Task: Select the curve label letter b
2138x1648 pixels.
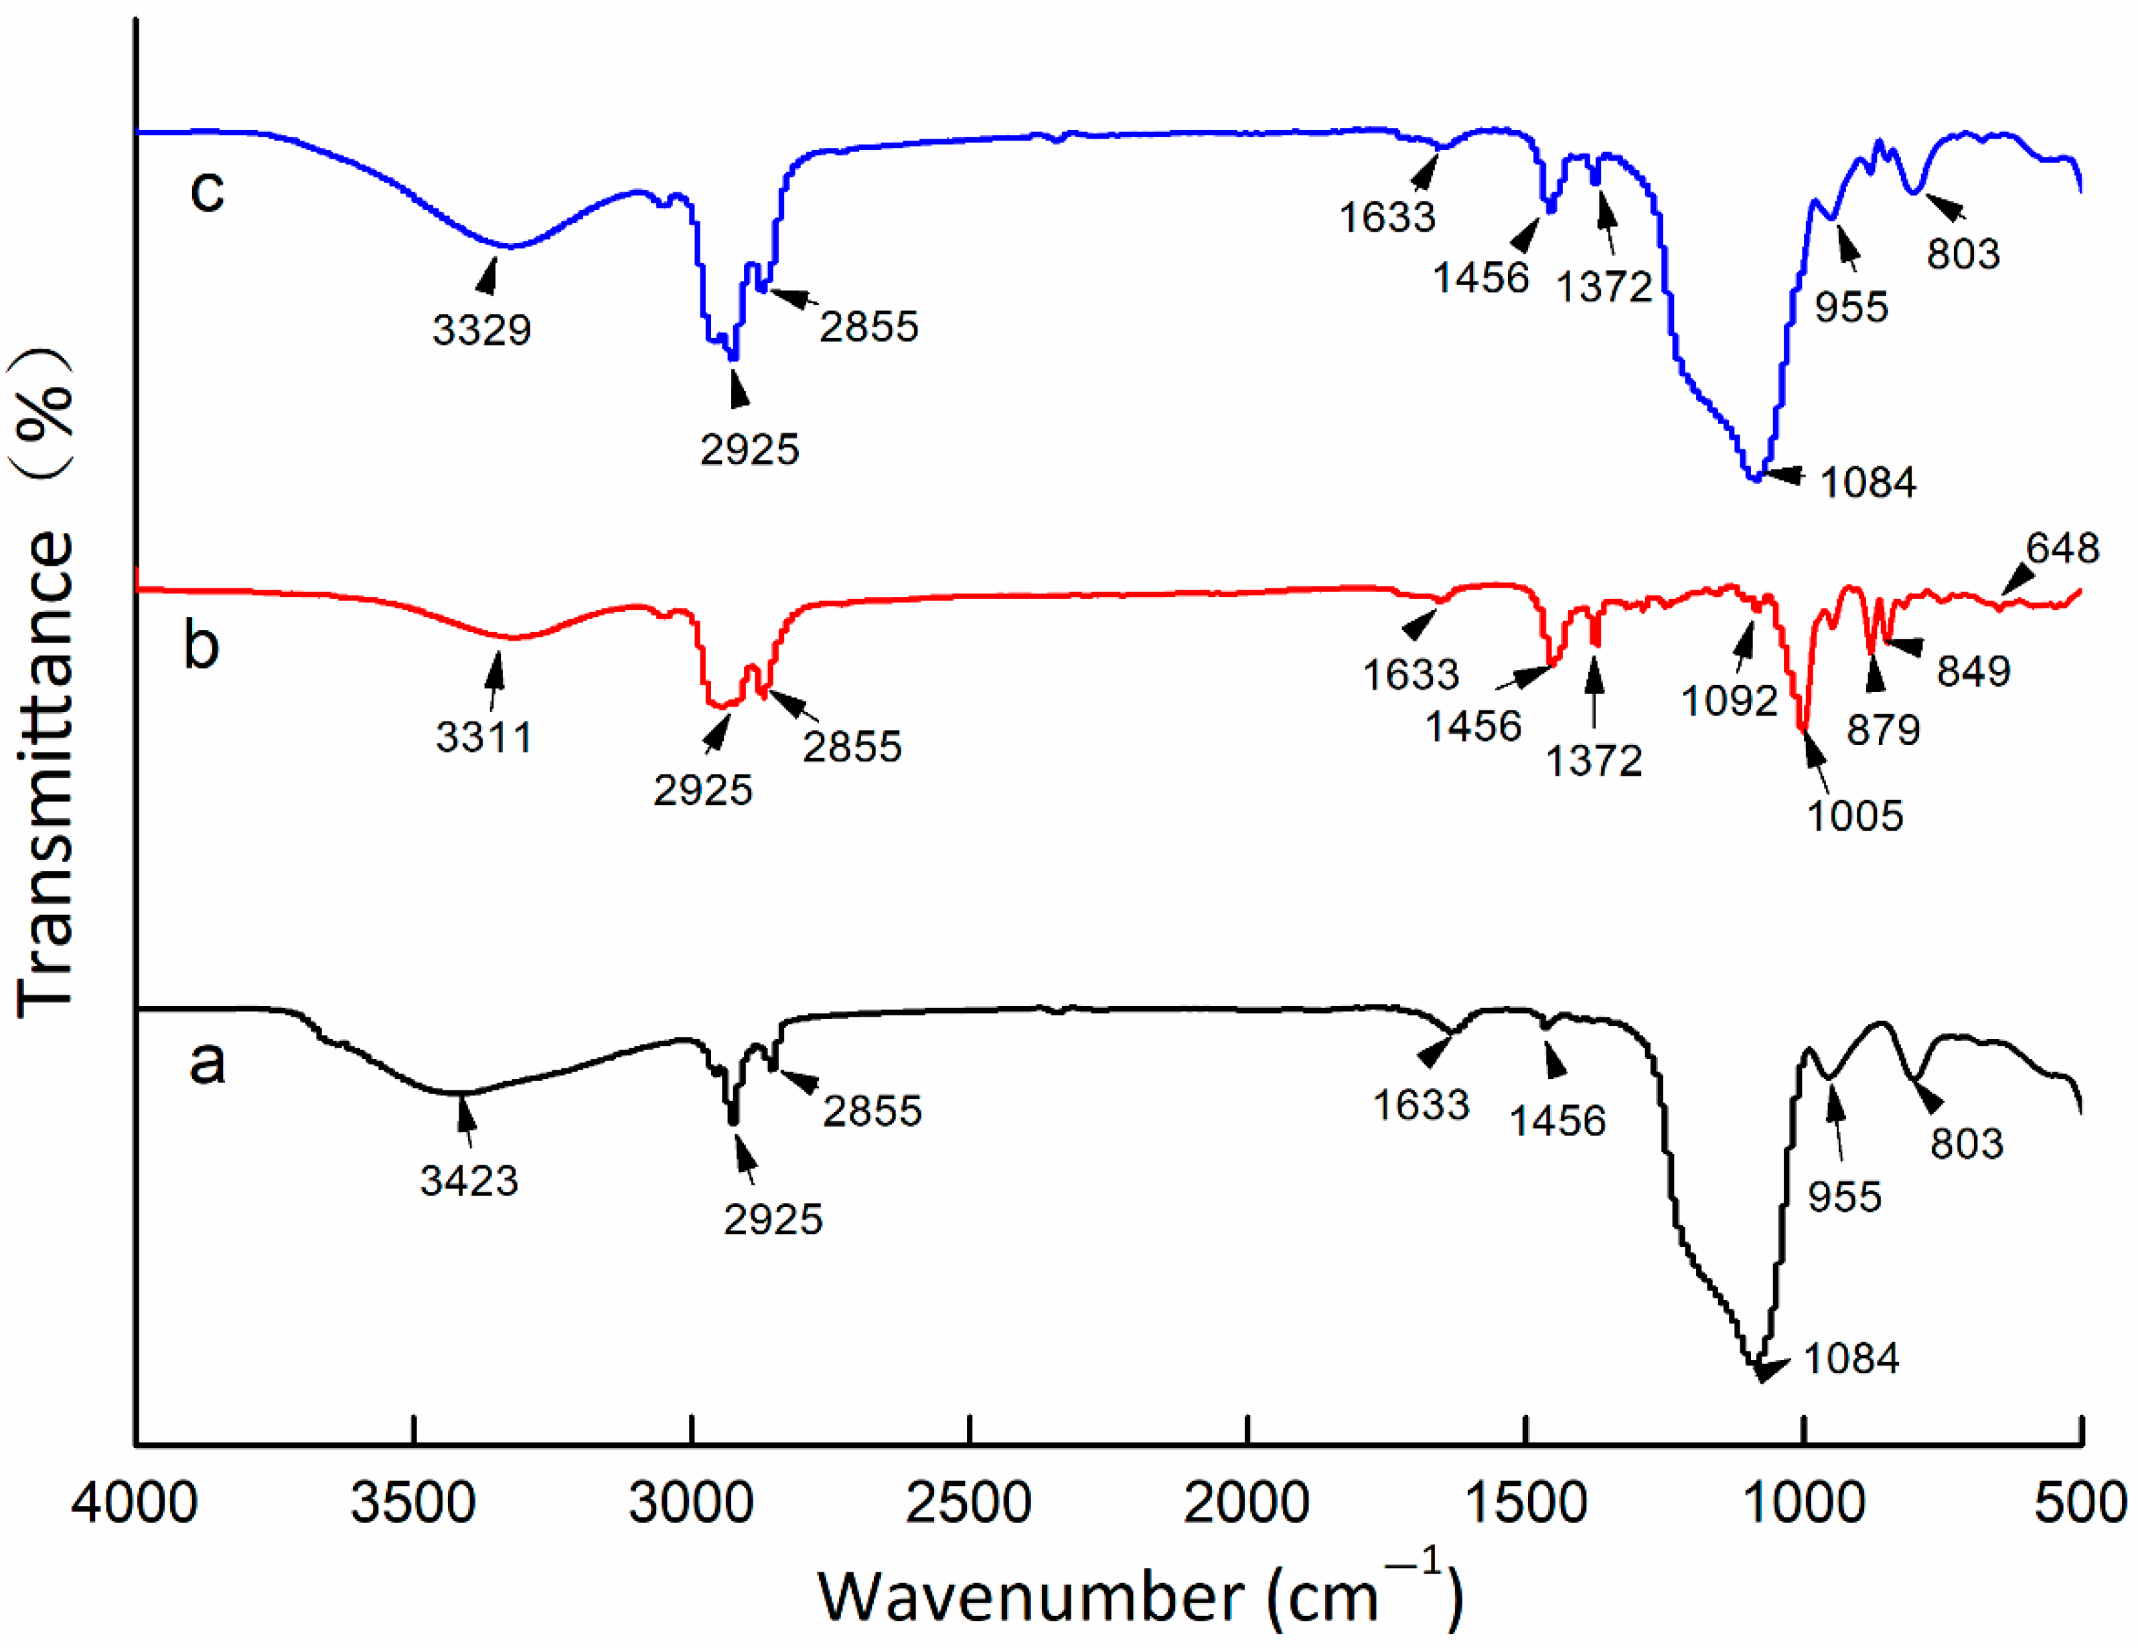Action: (x=202, y=646)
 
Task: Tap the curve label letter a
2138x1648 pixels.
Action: (x=206, y=1062)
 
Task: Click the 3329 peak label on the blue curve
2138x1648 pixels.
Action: (x=481, y=330)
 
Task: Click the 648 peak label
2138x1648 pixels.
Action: (x=2062, y=548)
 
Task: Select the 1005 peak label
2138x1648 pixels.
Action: (x=1854, y=815)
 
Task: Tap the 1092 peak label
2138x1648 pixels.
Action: (x=1729, y=701)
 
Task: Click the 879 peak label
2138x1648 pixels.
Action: (x=1882, y=729)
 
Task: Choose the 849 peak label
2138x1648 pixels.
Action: (x=1973, y=671)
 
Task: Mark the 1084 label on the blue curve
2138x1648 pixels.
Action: (x=1867, y=483)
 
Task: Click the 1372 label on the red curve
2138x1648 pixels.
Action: (x=1593, y=760)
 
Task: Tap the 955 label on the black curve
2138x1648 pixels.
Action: (x=1843, y=1197)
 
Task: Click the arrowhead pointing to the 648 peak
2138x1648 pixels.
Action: (x=2009, y=585)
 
